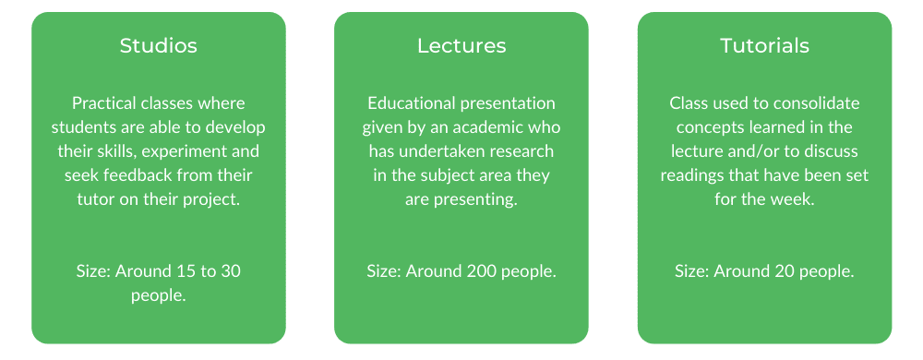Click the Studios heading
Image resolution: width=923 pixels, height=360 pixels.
(x=159, y=46)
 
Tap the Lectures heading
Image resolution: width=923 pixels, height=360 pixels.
(x=461, y=46)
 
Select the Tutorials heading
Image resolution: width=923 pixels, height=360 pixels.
(x=764, y=46)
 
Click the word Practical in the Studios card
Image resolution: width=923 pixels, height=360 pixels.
(x=101, y=103)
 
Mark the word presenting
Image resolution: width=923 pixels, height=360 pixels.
(x=476, y=200)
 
